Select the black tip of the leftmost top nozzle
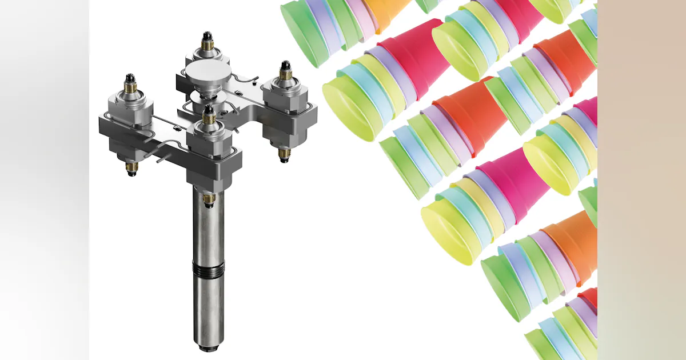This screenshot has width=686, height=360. point(130,78)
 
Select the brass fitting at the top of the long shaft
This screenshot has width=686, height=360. point(209,199)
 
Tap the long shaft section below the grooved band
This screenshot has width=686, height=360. point(209,309)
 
